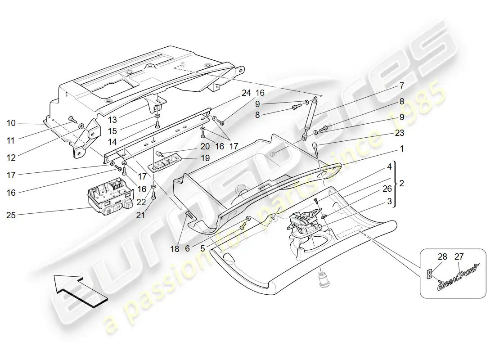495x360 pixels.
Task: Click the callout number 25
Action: point(11,215)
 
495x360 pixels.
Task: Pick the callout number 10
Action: point(11,123)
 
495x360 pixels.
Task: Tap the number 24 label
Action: point(246,93)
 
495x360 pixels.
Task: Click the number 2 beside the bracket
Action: point(401,184)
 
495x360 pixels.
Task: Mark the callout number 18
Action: point(175,248)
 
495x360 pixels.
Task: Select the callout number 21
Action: point(141,216)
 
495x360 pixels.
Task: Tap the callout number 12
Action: point(11,158)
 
